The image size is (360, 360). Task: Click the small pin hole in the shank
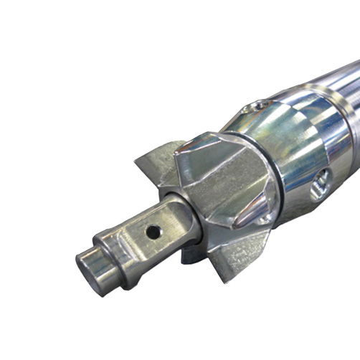click(152, 232)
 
